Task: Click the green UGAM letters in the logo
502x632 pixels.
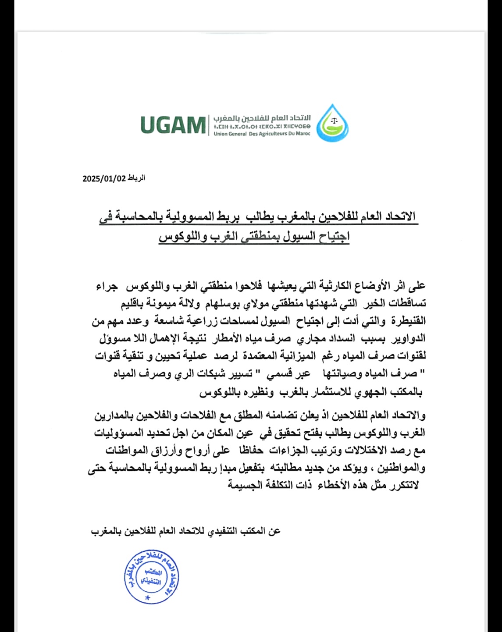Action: tap(173, 125)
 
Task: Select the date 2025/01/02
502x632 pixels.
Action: tap(104, 179)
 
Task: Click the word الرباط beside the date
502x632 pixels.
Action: tap(136, 178)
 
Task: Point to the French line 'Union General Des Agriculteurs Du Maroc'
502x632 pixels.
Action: tap(262, 134)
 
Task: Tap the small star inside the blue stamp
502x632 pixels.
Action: tap(147, 597)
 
